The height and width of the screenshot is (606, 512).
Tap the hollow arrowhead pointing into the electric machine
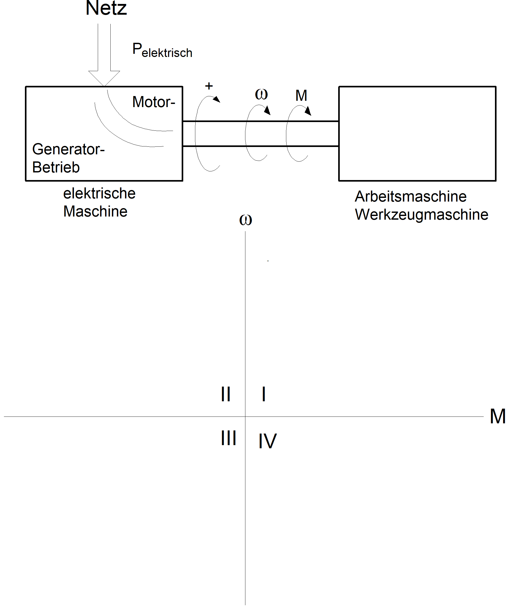coord(104,78)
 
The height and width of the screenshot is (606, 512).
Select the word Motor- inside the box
coord(154,102)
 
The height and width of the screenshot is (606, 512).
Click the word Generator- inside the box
coord(68,149)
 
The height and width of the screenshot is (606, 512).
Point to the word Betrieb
coord(56,167)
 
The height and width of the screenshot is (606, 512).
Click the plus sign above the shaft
coord(209,86)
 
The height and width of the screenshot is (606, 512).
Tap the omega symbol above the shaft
coord(261,94)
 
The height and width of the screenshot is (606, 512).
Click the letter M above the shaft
coord(301,96)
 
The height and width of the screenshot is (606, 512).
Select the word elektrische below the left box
coord(99,193)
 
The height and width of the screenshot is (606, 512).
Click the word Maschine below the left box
coord(95,212)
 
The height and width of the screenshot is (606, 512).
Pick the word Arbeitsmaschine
coord(411,197)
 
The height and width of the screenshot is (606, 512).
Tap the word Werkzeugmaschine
coord(422,215)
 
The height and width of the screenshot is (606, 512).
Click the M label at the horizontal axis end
coord(498,416)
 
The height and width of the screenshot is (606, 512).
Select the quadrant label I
coord(263,394)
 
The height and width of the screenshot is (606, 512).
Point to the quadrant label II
coord(225,394)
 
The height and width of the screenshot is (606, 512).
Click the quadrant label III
coord(228,438)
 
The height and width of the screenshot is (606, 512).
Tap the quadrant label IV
coord(267,441)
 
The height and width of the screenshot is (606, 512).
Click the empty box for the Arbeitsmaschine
coord(417,134)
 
